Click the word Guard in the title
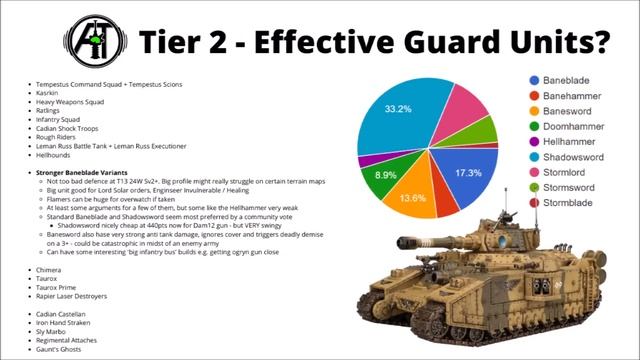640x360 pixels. (428, 42)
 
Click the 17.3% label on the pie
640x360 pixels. (468, 173)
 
